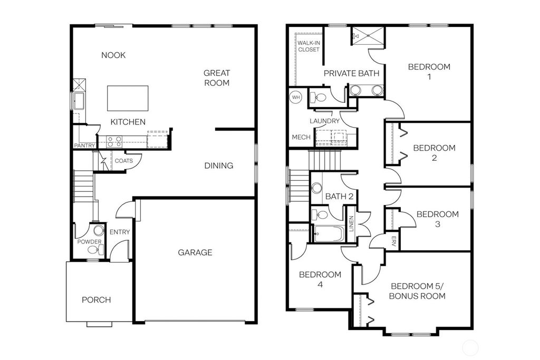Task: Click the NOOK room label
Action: tap(113, 55)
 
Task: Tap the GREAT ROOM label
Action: tap(217, 78)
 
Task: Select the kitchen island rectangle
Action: tap(128, 98)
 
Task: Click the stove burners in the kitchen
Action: tap(114, 141)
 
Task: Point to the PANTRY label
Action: tap(83, 145)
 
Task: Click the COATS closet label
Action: tap(124, 161)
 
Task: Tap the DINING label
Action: tap(219, 166)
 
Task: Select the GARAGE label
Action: tap(195, 252)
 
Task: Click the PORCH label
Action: tap(97, 300)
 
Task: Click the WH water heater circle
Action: tap(296, 98)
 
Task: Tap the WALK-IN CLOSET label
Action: tap(308, 46)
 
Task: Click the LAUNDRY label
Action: tap(324, 121)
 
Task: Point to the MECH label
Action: tap(301, 138)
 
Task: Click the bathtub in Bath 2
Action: tap(328, 233)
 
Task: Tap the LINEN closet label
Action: tap(352, 223)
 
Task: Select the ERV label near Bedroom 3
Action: tap(393, 241)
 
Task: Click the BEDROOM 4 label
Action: tap(320, 279)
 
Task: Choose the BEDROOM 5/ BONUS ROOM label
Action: tap(417, 291)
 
